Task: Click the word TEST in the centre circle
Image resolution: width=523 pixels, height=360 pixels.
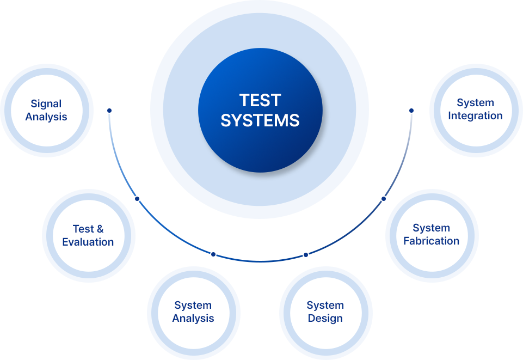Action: point(260,101)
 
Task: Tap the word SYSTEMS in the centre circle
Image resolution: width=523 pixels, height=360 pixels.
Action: point(260,120)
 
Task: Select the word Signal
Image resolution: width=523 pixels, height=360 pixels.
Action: point(46,103)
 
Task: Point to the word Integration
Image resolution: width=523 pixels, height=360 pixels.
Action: point(475,116)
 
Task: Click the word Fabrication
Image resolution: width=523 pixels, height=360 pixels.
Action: point(432,241)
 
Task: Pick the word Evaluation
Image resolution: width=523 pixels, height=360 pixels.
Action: point(88,242)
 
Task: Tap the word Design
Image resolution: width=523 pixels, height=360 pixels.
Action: point(325,319)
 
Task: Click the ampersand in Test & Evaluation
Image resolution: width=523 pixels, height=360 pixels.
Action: point(100,229)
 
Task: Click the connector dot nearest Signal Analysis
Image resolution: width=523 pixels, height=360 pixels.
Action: point(109,111)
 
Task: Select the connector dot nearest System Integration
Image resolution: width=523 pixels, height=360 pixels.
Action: point(411,111)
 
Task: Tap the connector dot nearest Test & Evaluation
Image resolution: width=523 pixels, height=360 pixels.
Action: point(137,199)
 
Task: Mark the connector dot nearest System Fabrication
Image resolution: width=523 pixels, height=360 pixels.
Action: point(384,199)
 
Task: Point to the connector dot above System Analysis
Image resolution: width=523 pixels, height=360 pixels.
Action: point(213,254)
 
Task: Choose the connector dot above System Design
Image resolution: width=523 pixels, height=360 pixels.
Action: point(306,255)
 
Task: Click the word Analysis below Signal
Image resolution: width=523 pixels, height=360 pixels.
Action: point(46,117)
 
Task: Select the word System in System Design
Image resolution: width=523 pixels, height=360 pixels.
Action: point(325,306)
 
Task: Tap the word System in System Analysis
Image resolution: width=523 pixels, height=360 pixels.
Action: point(193,306)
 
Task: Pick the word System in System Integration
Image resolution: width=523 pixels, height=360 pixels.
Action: point(475,103)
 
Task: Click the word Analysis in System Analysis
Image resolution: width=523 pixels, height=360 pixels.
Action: point(193,319)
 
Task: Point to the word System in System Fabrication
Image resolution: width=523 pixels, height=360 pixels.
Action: point(432,228)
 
